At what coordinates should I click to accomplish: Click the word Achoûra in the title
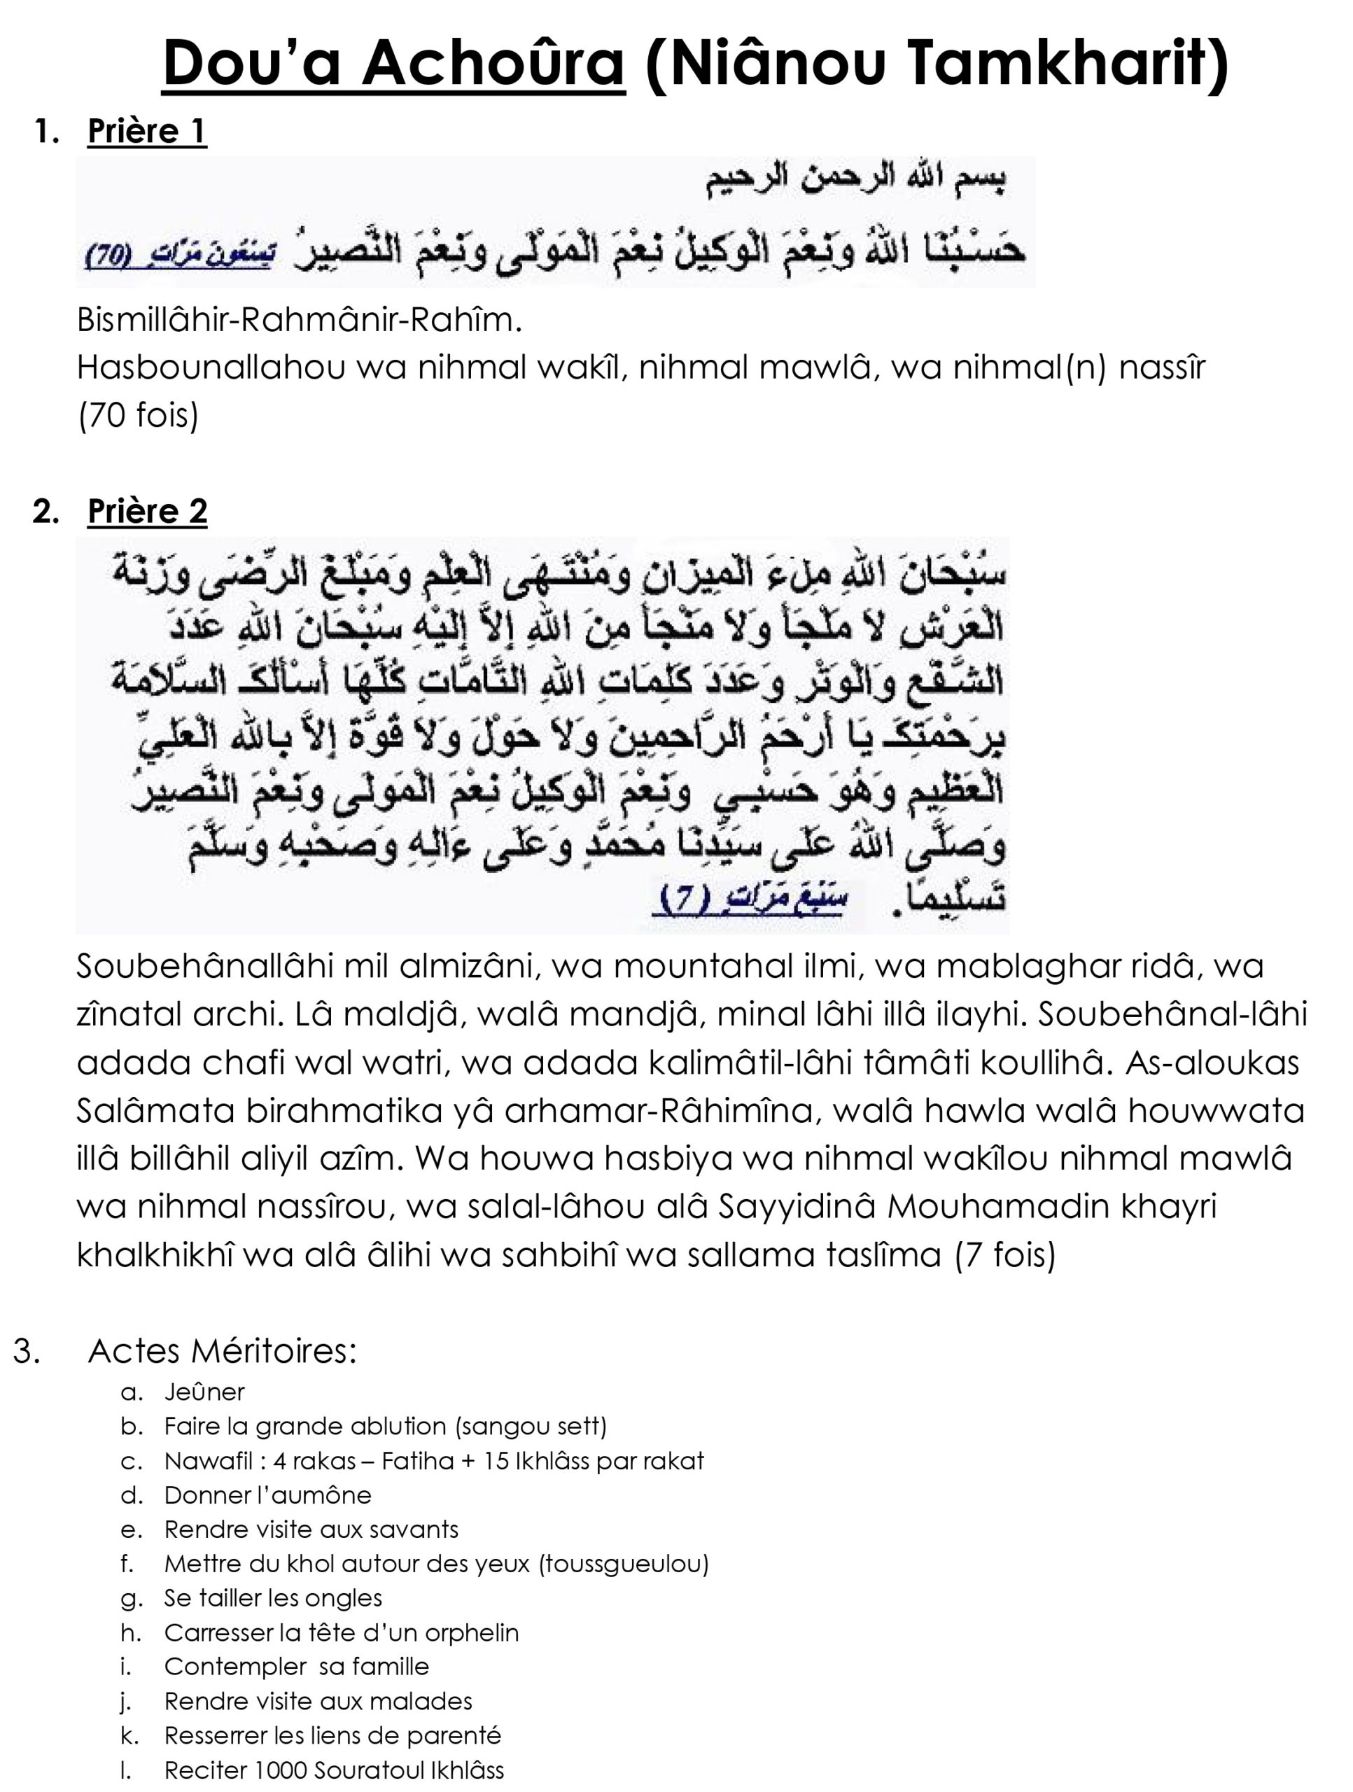tap(493, 64)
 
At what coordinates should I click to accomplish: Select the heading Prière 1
tap(147, 131)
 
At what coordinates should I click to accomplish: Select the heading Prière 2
tap(147, 511)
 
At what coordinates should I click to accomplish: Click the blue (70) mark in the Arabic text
tap(107, 258)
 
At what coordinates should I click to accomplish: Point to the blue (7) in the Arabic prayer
tap(685, 900)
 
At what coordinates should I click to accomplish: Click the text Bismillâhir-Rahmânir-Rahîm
tap(299, 321)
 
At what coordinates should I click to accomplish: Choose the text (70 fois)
tap(138, 416)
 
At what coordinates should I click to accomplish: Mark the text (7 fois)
tap(1005, 1255)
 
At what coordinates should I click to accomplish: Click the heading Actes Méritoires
tap(222, 1350)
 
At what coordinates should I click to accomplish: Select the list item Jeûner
tap(204, 1392)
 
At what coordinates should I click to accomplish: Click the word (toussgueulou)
tap(624, 1564)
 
